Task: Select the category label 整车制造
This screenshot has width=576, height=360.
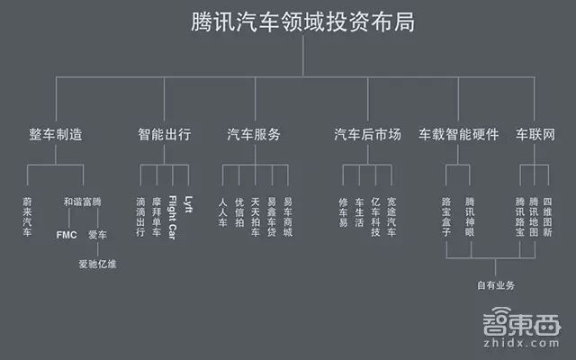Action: (56, 135)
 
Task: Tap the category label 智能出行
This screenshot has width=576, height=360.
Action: (164, 135)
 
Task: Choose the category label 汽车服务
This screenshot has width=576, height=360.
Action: (254, 135)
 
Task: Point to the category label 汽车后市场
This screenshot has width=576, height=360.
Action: (367, 135)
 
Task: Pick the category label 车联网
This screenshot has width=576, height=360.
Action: (535, 135)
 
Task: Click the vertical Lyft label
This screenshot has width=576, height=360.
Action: (188, 202)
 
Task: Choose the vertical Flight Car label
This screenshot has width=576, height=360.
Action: (172, 215)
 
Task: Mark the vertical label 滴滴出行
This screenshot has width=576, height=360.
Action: (139, 216)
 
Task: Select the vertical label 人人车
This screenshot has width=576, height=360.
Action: (223, 211)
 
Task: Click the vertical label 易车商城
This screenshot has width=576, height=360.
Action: (287, 216)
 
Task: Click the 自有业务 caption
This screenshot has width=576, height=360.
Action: (495, 285)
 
